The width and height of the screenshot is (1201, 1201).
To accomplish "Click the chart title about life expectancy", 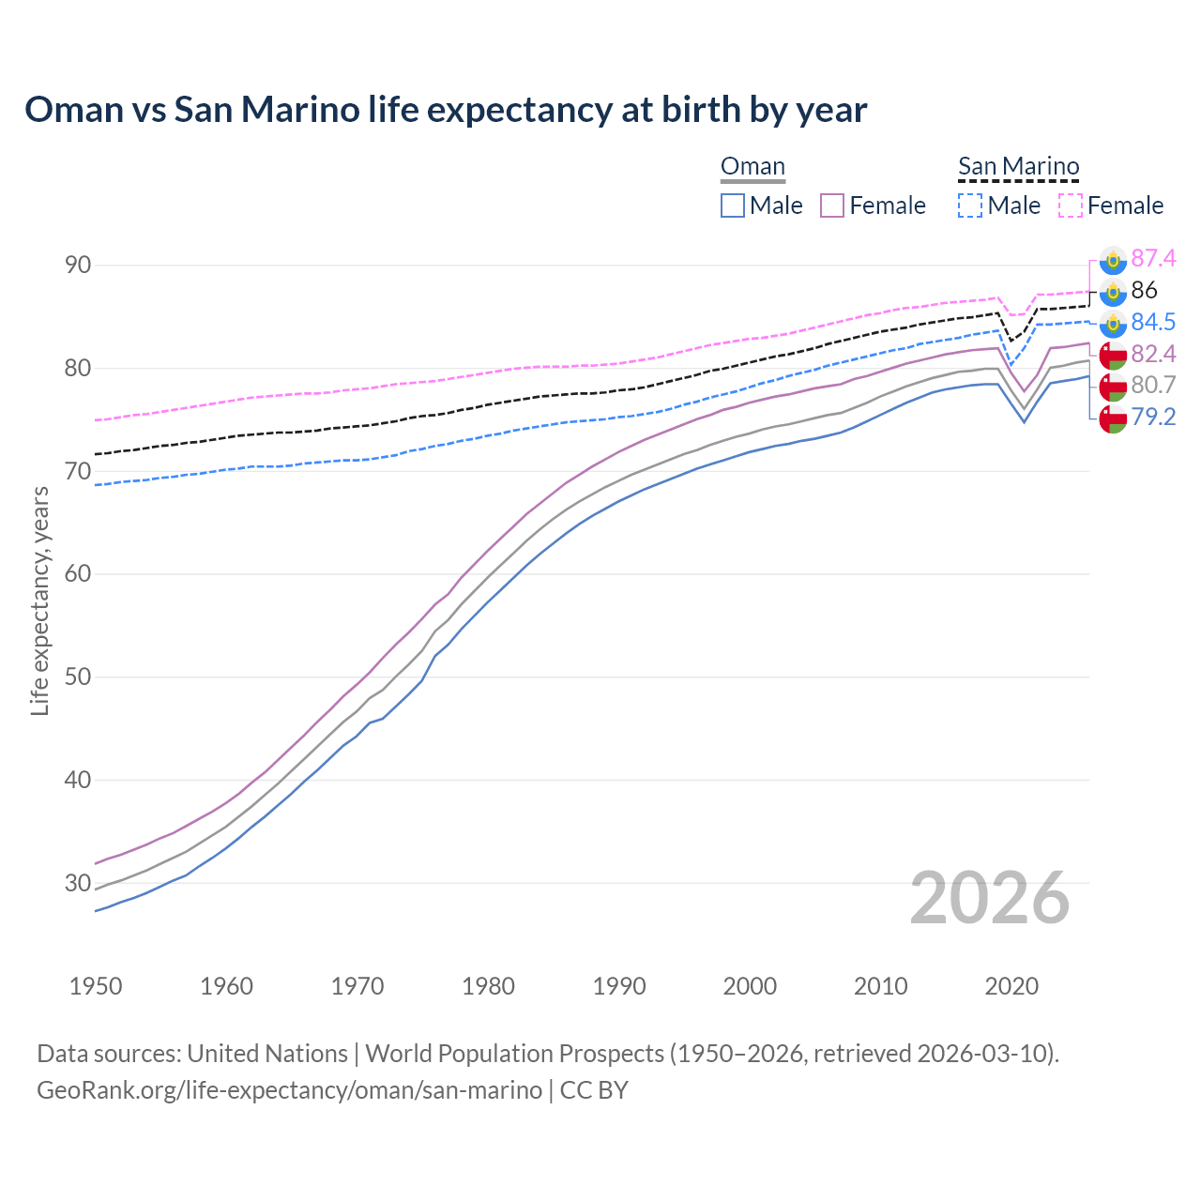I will pyautogui.click(x=446, y=110).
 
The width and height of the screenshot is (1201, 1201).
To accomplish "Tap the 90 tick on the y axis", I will pyautogui.click(x=78, y=265).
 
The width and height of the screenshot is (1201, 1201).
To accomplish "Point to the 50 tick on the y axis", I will pyautogui.click(x=78, y=677).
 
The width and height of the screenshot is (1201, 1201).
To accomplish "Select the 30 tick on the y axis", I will pyautogui.click(x=78, y=883).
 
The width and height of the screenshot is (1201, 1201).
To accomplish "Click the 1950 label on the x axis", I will pyautogui.click(x=96, y=986).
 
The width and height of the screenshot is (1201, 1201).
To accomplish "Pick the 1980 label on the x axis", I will pyautogui.click(x=488, y=986).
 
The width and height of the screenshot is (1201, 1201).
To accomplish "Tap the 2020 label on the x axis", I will pyautogui.click(x=1011, y=986).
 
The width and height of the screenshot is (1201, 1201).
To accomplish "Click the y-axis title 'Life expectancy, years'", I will pyautogui.click(x=40, y=600).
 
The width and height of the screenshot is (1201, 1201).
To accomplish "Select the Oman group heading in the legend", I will pyautogui.click(x=753, y=167).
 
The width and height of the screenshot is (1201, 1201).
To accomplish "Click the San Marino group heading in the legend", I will pyautogui.click(x=1018, y=167).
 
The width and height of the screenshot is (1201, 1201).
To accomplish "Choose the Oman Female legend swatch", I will pyautogui.click(x=832, y=205).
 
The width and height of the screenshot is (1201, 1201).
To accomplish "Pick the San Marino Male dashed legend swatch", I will pyautogui.click(x=970, y=205).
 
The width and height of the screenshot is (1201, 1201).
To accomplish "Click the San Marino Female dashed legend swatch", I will pyautogui.click(x=1071, y=205).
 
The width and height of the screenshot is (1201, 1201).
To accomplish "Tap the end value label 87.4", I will pyautogui.click(x=1153, y=258).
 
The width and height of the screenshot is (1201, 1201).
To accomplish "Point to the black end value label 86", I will pyautogui.click(x=1144, y=290).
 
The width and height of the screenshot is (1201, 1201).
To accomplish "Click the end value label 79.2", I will pyautogui.click(x=1153, y=417).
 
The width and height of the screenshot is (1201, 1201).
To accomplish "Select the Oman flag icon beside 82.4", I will pyautogui.click(x=1113, y=355).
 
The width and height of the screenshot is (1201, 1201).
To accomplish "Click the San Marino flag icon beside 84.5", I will pyautogui.click(x=1113, y=324).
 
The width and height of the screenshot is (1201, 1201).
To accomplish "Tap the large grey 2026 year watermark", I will pyautogui.click(x=989, y=899).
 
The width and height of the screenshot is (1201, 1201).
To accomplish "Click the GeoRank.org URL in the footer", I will pyautogui.click(x=289, y=1090).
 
